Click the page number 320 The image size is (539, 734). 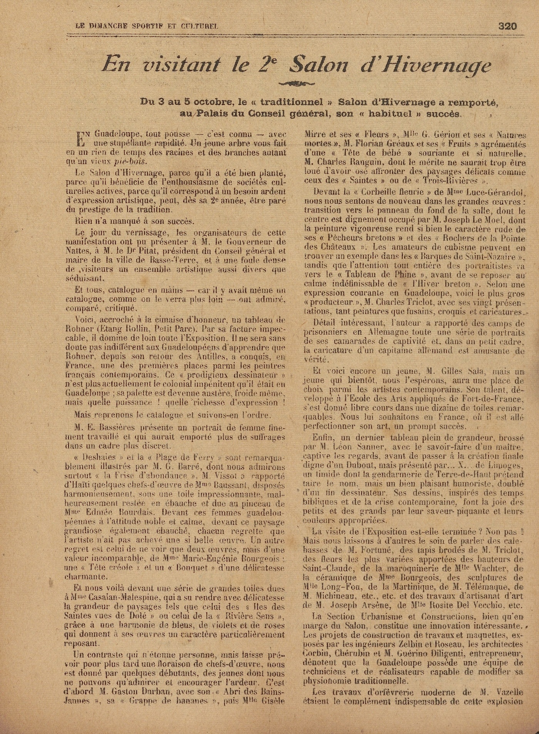point(507,26)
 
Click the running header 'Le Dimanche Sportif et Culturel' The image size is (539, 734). point(147,27)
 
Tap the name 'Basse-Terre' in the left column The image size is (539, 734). point(195,260)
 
